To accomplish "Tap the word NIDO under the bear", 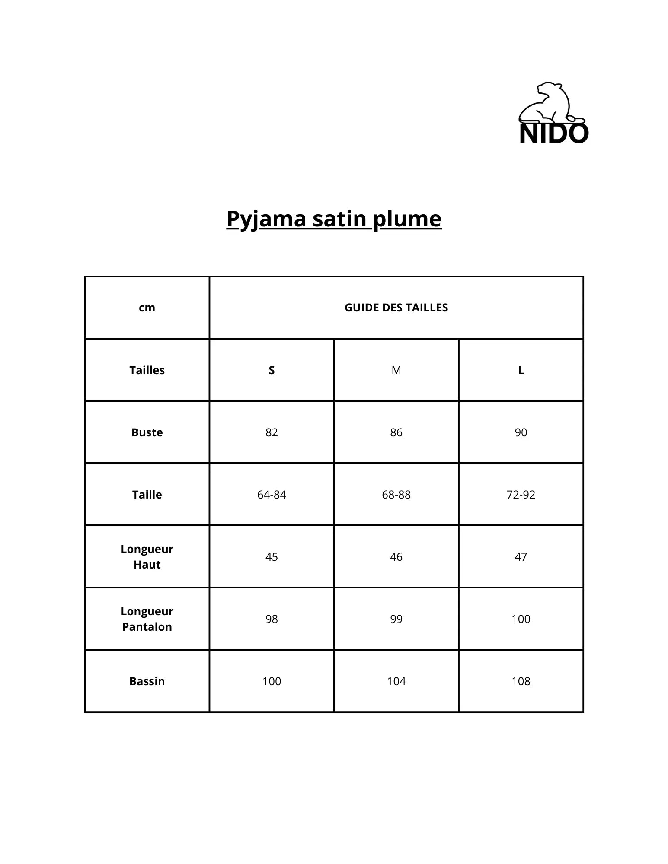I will tap(553, 133).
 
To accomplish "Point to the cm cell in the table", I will tap(147, 308).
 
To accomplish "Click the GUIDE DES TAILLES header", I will tap(396, 308).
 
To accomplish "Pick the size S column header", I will tap(272, 370).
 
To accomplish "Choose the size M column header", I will tap(396, 370).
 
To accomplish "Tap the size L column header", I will tap(521, 370).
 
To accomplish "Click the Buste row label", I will tap(147, 432).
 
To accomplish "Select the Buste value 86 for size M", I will tap(396, 432).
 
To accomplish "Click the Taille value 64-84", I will tap(272, 495).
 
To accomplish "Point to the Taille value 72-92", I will tap(521, 495).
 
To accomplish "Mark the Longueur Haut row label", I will tap(147, 557).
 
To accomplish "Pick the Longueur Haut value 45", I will tap(272, 557).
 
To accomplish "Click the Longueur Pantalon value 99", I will tap(396, 619).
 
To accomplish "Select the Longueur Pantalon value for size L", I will tap(521, 619).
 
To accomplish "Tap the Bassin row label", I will tap(147, 681).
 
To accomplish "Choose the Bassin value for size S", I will tap(272, 681).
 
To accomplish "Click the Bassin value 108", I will tap(521, 681).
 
